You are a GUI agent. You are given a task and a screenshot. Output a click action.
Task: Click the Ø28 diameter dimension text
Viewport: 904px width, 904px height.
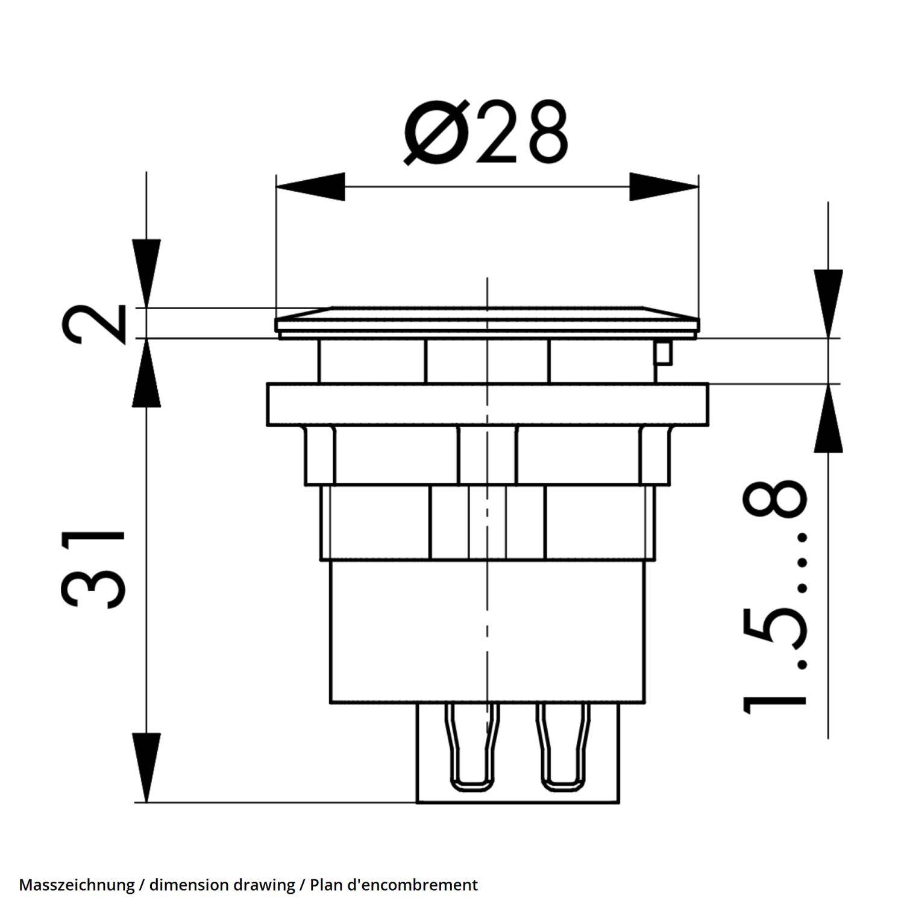tap(486, 133)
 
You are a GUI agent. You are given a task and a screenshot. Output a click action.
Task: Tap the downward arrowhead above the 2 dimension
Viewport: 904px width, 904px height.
tap(146, 271)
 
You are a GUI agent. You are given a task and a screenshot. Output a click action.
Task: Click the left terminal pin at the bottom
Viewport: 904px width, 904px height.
tap(471, 747)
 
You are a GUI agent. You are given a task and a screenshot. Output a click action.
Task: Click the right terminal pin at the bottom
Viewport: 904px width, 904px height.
tap(564, 747)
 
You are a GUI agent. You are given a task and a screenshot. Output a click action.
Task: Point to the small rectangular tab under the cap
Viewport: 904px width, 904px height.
tap(663, 353)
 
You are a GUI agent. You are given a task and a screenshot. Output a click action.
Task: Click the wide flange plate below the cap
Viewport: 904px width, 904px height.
tap(487, 404)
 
